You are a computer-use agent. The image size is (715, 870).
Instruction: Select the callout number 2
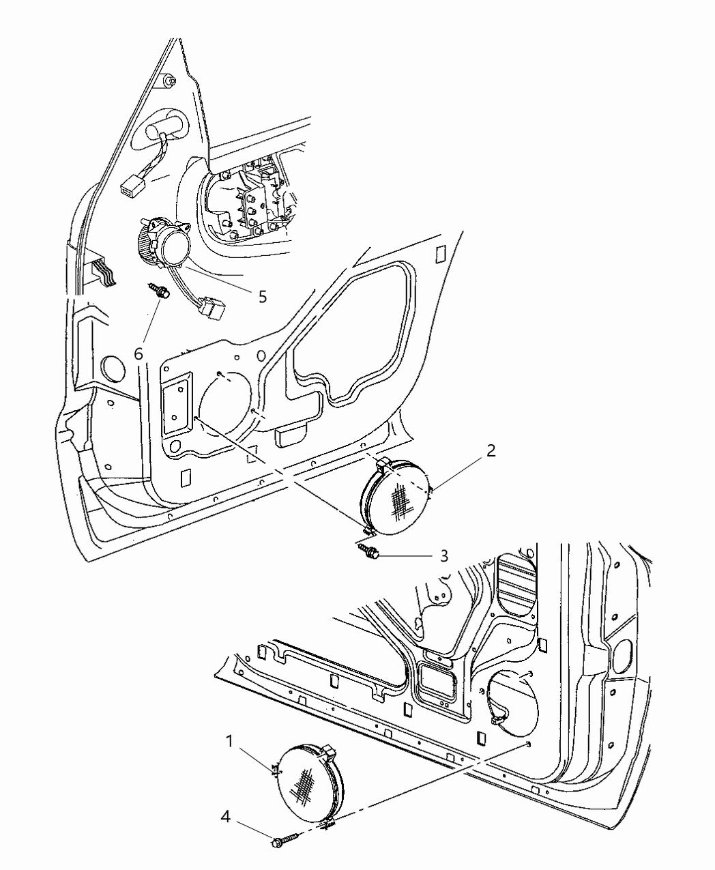(491, 451)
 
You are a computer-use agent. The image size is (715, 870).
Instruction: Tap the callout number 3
(444, 556)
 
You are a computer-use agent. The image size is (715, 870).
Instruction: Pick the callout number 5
(263, 297)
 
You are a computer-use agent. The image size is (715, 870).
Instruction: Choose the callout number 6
(138, 353)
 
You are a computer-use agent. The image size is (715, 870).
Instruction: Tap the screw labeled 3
(369, 549)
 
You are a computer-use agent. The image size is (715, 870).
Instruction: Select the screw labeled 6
(159, 290)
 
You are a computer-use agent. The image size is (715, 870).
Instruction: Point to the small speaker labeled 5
(165, 244)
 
